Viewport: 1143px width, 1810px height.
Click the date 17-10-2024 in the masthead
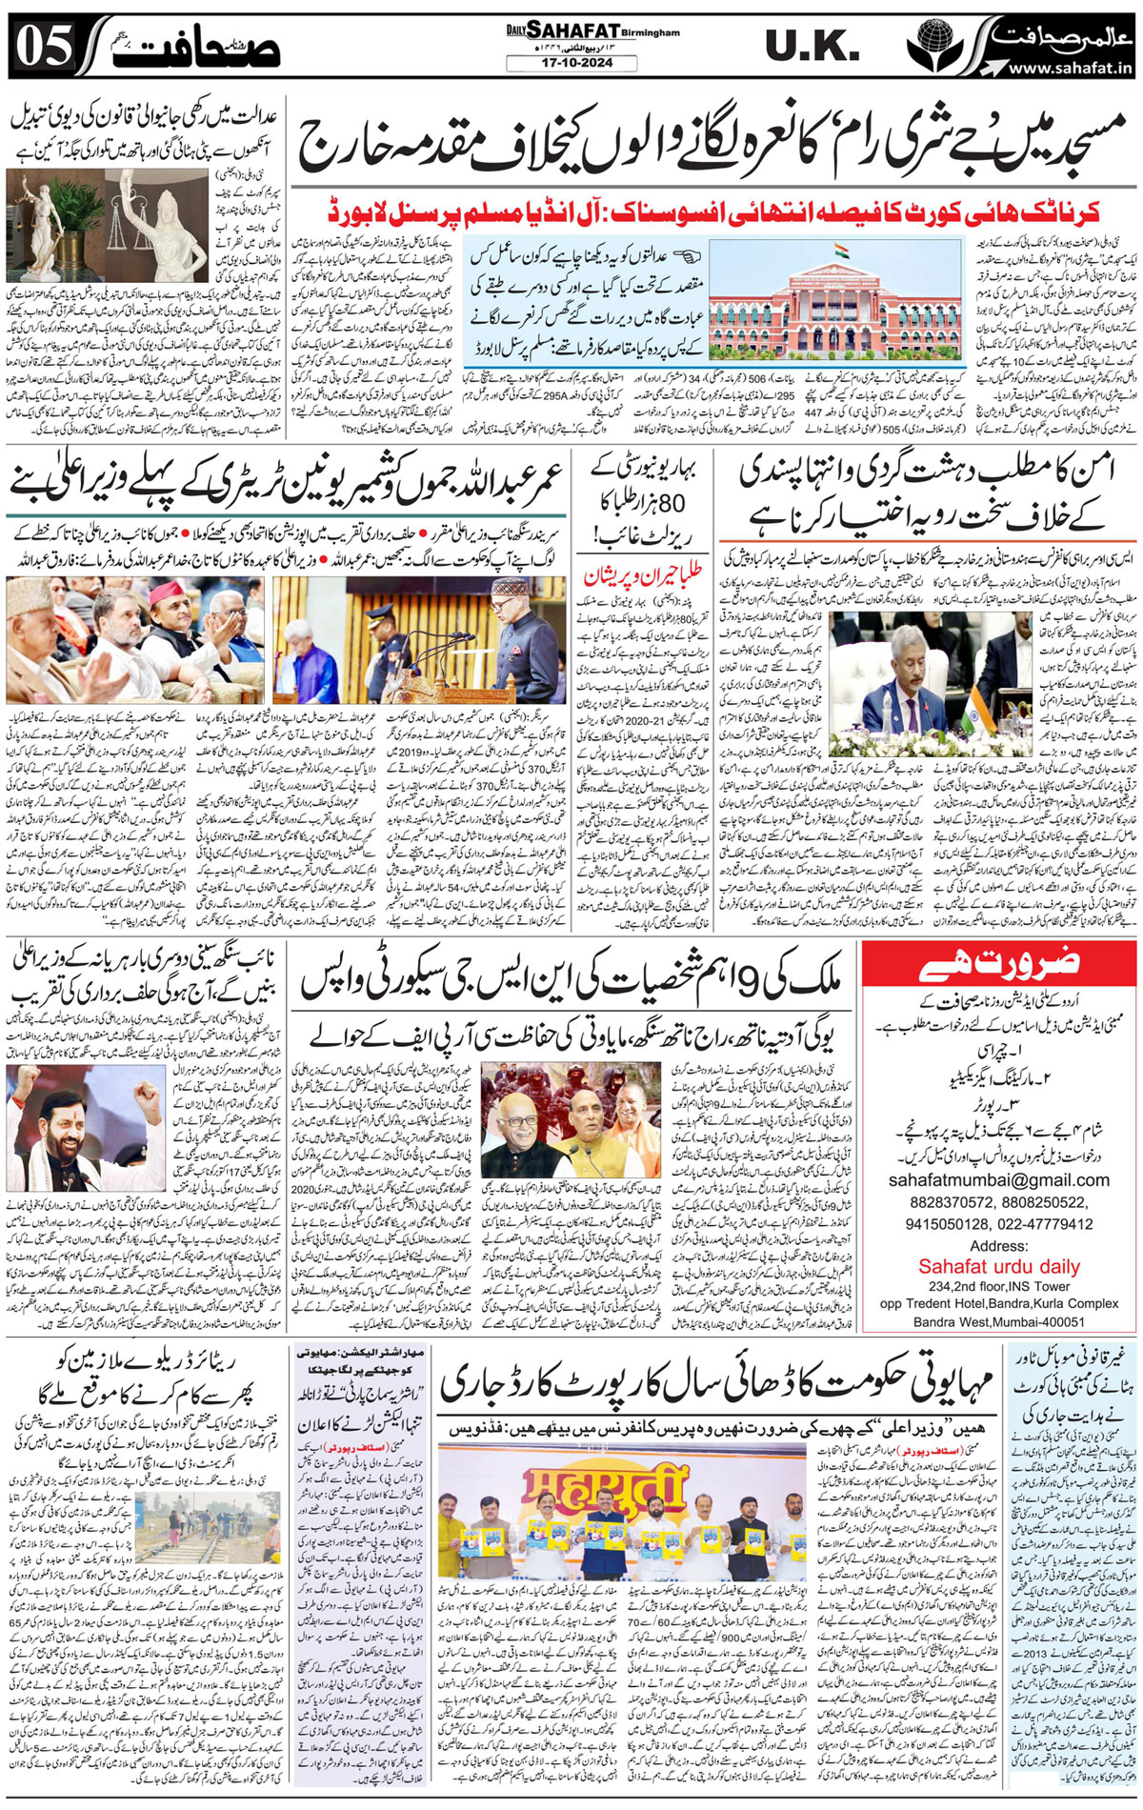point(572,64)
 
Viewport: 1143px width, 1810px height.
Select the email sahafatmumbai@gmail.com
point(998,1180)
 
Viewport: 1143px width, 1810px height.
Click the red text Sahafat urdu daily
point(998,1267)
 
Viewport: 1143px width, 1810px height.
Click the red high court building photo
point(812,304)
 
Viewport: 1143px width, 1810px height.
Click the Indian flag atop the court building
point(841,251)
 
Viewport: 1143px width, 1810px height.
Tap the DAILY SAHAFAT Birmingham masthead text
point(592,31)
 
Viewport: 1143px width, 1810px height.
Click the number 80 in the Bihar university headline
point(674,501)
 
